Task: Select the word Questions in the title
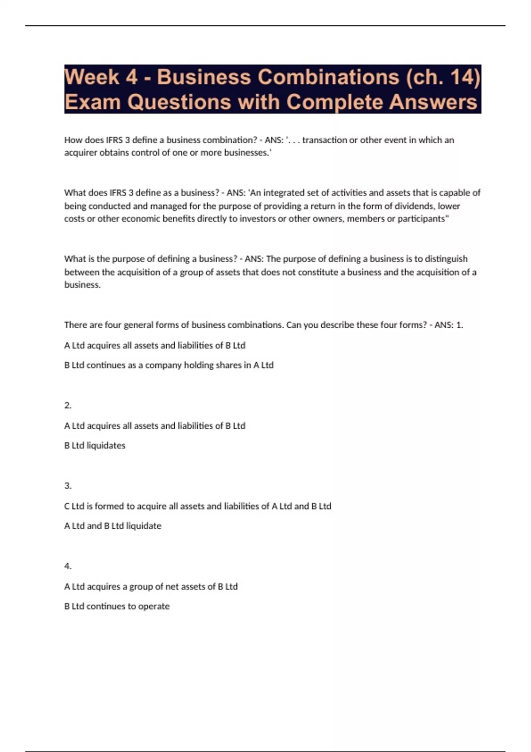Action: tap(179, 102)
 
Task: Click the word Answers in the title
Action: tap(434, 102)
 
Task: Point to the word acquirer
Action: tap(81, 153)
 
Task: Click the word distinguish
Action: tap(446, 259)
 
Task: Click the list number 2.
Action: tap(68, 406)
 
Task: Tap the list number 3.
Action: tap(68, 486)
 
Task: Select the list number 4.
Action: tap(68, 566)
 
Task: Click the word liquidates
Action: tap(106, 446)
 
